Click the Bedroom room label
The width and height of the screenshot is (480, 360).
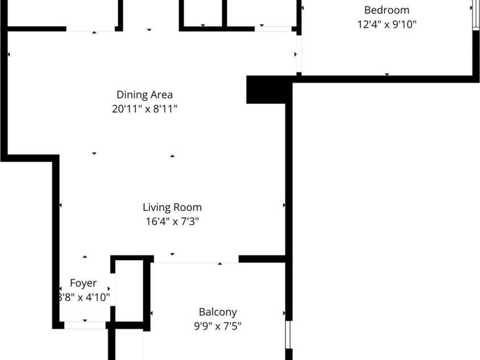[x=387, y=10]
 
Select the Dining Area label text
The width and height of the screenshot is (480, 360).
[x=145, y=95]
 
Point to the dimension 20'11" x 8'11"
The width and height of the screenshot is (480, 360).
[x=145, y=109]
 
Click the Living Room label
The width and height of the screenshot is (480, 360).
[x=172, y=207]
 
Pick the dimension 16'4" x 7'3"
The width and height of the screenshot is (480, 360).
[x=172, y=222]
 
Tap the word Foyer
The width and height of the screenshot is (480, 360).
[x=83, y=283]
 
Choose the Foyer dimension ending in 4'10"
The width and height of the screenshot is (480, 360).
[x=83, y=297]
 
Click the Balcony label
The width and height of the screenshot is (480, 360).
[x=218, y=312]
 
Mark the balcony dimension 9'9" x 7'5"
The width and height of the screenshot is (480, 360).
[x=218, y=327]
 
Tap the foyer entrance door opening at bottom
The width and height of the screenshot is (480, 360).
[x=85, y=325]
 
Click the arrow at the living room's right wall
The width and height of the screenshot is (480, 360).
[x=284, y=205]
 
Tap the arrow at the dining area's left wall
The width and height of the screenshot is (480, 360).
[x=9, y=55]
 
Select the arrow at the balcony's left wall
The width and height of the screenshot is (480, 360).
[x=151, y=313]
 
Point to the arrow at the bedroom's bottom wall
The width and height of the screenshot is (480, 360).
[x=387, y=74]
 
